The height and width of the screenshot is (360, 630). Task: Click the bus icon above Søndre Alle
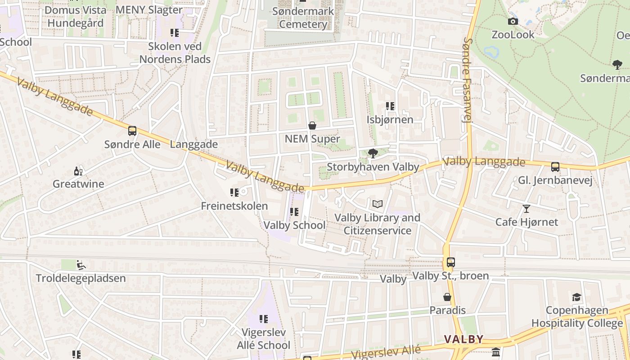click(x=132, y=131)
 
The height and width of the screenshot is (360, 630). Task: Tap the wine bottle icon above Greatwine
click(x=78, y=171)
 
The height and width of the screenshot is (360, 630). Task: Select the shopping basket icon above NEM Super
click(x=312, y=126)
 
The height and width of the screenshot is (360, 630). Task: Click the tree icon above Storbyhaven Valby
click(x=373, y=153)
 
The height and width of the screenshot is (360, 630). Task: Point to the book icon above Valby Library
click(x=378, y=204)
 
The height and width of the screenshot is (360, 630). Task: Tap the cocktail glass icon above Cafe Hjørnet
click(x=526, y=208)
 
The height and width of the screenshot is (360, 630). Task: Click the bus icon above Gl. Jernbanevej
click(x=555, y=167)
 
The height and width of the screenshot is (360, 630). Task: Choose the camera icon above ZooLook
click(x=513, y=21)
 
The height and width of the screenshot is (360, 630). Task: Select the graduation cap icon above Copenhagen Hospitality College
click(x=576, y=297)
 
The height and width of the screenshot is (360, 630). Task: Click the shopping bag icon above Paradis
click(x=447, y=297)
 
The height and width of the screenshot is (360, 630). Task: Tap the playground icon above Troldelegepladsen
click(x=81, y=265)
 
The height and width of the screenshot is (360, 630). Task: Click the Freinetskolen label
click(x=234, y=206)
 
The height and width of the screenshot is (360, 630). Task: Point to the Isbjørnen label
click(x=390, y=120)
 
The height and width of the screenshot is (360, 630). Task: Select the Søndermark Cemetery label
click(x=303, y=18)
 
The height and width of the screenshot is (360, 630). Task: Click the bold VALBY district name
click(x=463, y=339)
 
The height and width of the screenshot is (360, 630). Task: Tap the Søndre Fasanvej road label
click(x=468, y=80)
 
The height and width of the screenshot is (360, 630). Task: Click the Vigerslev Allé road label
click(x=386, y=352)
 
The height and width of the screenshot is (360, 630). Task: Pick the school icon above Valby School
click(x=294, y=211)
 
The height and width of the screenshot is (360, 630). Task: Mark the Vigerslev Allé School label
click(x=263, y=339)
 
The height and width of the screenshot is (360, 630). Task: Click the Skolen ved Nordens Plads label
click(x=175, y=53)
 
